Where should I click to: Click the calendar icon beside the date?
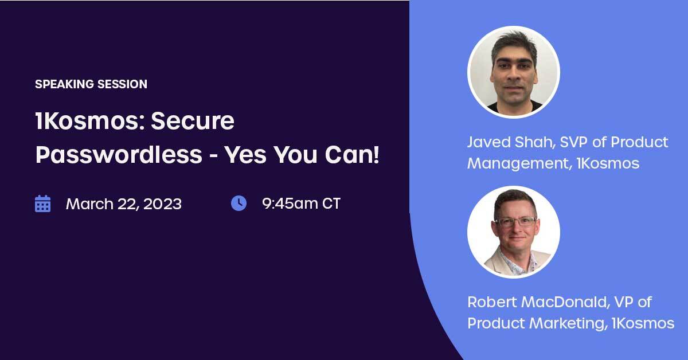pos(42,204)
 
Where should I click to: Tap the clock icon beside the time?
pos(239,204)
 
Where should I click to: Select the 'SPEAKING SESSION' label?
pos(91,84)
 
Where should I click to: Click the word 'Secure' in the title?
pos(193,121)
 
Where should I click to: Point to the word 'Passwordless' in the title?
pos(119,155)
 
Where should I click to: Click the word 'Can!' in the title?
pos(352,155)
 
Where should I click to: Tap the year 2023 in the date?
pos(162,204)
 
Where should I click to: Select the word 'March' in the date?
pos(89,204)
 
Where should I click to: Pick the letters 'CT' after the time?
pos(331,204)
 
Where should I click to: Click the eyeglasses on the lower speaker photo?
pos(516,221)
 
